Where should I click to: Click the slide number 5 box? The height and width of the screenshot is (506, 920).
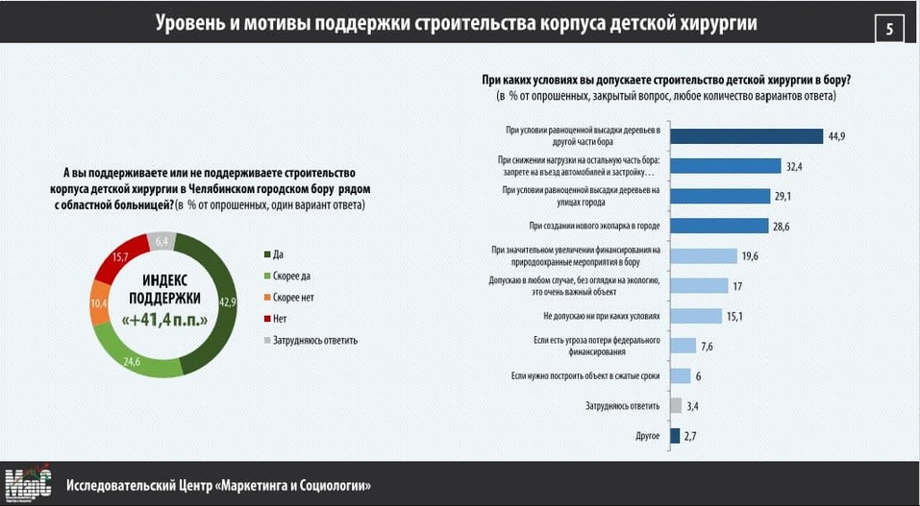click(x=888, y=29)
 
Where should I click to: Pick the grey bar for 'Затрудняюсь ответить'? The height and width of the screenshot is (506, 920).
click(x=676, y=405)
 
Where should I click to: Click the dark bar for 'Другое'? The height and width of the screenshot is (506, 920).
click(x=675, y=436)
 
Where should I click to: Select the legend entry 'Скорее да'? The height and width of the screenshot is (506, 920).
click(x=286, y=276)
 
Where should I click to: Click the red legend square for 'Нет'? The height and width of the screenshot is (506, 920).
click(x=267, y=318)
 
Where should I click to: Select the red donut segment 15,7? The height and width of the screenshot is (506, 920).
click(x=122, y=258)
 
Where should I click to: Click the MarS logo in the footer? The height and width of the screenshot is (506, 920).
click(x=29, y=484)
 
